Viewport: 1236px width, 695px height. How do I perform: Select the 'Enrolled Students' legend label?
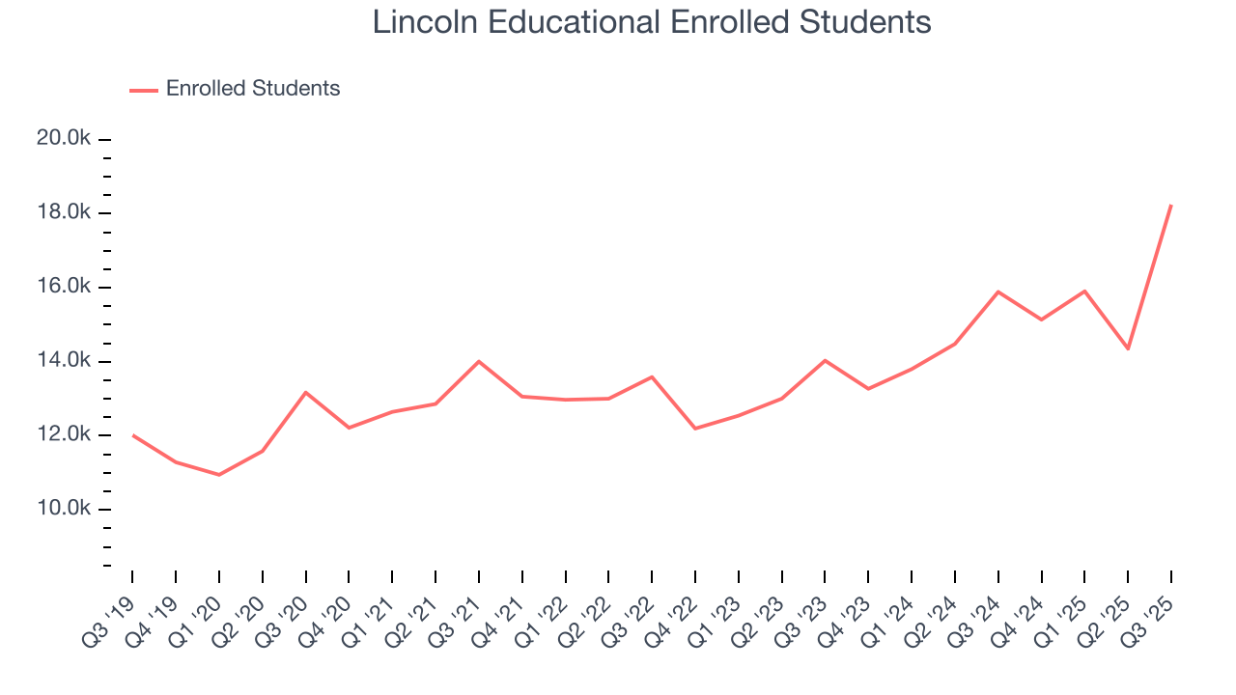click(x=253, y=89)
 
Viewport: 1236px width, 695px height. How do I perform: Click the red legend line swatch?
click(x=143, y=90)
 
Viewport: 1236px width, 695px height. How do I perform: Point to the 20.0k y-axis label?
click(x=64, y=139)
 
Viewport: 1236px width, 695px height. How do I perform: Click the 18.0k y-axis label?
click(x=64, y=213)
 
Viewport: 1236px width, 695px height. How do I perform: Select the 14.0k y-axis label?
click(x=64, y=362)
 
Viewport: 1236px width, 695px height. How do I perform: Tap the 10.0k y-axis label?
click(x=64, y=510)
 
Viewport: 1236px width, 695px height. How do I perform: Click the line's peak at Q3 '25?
click(x=1171, y=205)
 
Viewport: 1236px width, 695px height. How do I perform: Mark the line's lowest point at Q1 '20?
click(x=219, y=475)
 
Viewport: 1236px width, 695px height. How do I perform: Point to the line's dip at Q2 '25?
click(x=1128, y=348)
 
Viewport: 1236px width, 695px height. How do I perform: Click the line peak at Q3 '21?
click(x=479, y=361)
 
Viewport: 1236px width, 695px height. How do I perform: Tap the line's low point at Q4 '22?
click(x=695, y=429)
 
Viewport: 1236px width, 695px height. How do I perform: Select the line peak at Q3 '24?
click(x=998, y=292)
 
